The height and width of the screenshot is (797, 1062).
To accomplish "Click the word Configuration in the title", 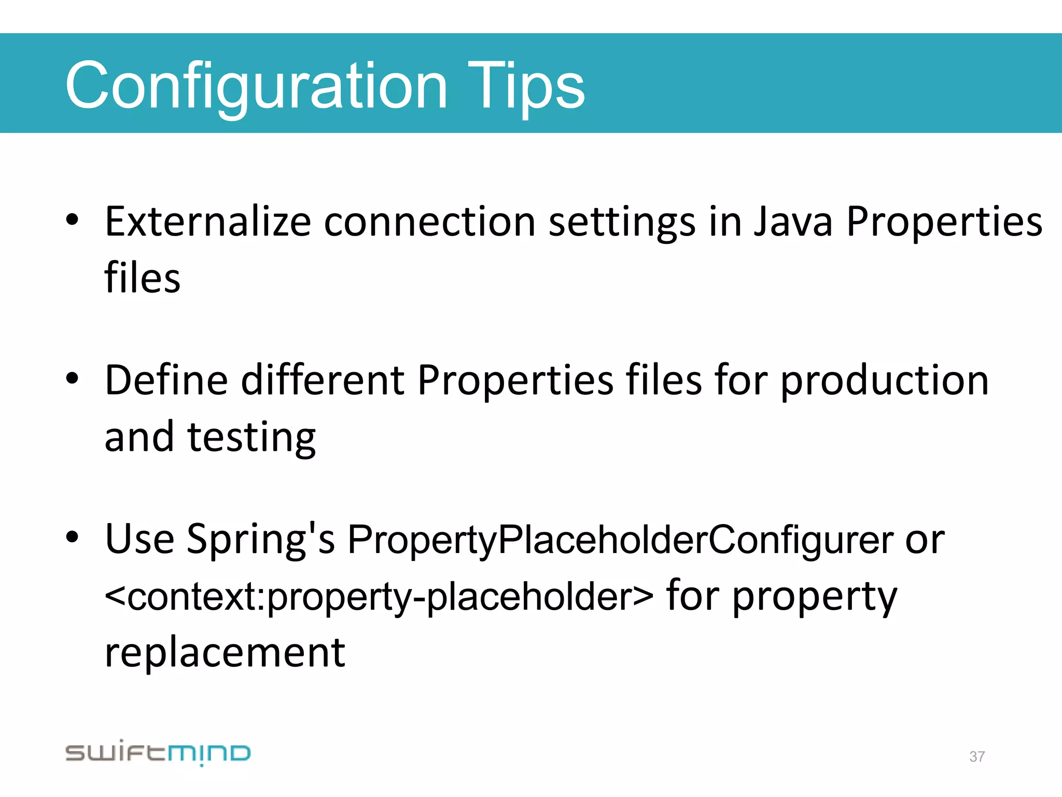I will tap(256, 86).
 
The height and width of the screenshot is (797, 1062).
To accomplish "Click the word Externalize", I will tap(207, 222).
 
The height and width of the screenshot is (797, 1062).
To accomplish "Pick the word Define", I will tap(166, 380).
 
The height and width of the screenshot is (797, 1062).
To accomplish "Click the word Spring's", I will tap(260, 540).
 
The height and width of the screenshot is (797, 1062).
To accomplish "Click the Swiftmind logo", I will tap(158, 753).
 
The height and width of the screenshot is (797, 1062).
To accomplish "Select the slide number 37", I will tap(977, 757).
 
